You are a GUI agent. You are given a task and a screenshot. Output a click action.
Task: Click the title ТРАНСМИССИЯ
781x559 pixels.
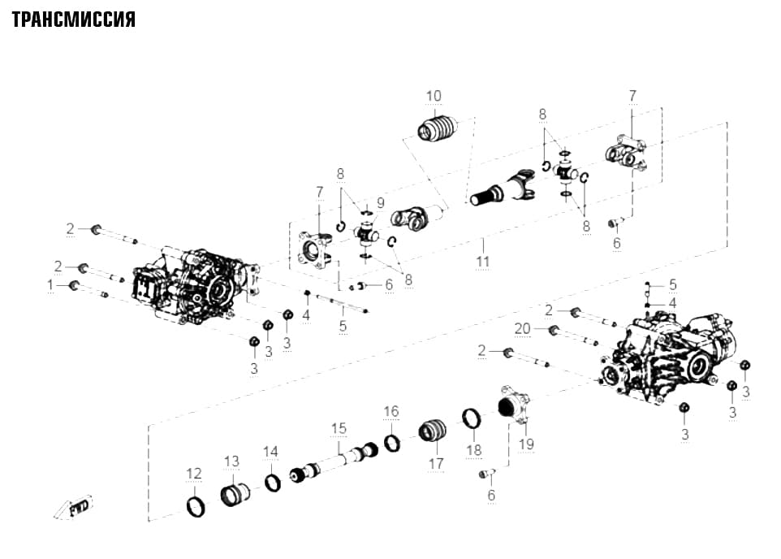(x=74, y=19)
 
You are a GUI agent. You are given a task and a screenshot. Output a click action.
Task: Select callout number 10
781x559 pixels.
(x=434, y=96)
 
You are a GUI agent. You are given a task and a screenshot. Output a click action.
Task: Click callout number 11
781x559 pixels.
(x=482, y=262)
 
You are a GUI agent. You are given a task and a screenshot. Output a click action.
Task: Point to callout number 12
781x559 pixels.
(x=194, y=473)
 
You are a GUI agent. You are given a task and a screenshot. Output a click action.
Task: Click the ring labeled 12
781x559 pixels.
(x=196, y=507)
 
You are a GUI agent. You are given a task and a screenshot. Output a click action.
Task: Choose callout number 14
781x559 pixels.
(x=270, y=452)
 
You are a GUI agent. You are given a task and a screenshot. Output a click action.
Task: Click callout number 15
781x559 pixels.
(x=339, y=428)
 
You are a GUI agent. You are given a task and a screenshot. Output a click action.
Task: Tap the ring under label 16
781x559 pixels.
(x=392, y=443)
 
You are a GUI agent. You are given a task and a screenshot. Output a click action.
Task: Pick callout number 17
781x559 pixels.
(x=436, y=464)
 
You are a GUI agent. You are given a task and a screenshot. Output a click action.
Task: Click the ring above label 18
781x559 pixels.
(x=472, y=418)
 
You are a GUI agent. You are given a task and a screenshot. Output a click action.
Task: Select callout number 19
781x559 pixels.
(x=526, y=444)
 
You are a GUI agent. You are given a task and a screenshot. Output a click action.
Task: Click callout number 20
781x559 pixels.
(x=523, y=329)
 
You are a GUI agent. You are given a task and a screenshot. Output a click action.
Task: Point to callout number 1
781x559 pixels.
(x=50, y=285)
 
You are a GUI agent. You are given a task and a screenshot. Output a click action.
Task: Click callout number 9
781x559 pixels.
(x=381, y=203)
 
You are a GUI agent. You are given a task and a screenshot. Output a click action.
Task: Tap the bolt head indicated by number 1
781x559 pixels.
(x=74, y=285)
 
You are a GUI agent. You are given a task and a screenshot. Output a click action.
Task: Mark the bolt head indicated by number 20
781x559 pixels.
(x=552, y=330)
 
